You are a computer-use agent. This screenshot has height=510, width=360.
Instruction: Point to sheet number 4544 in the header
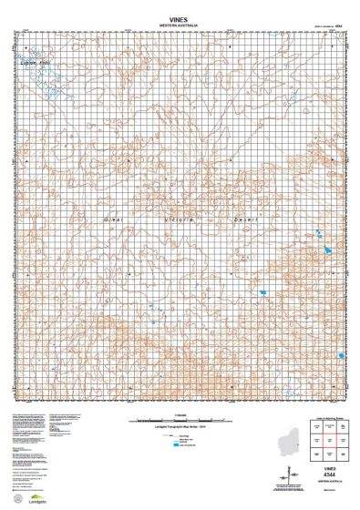click(x=338, y=25)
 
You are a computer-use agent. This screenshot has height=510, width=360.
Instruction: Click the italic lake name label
click(x=40, y=62)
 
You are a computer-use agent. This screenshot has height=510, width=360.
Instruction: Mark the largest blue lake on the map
click(x=321, y=247)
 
